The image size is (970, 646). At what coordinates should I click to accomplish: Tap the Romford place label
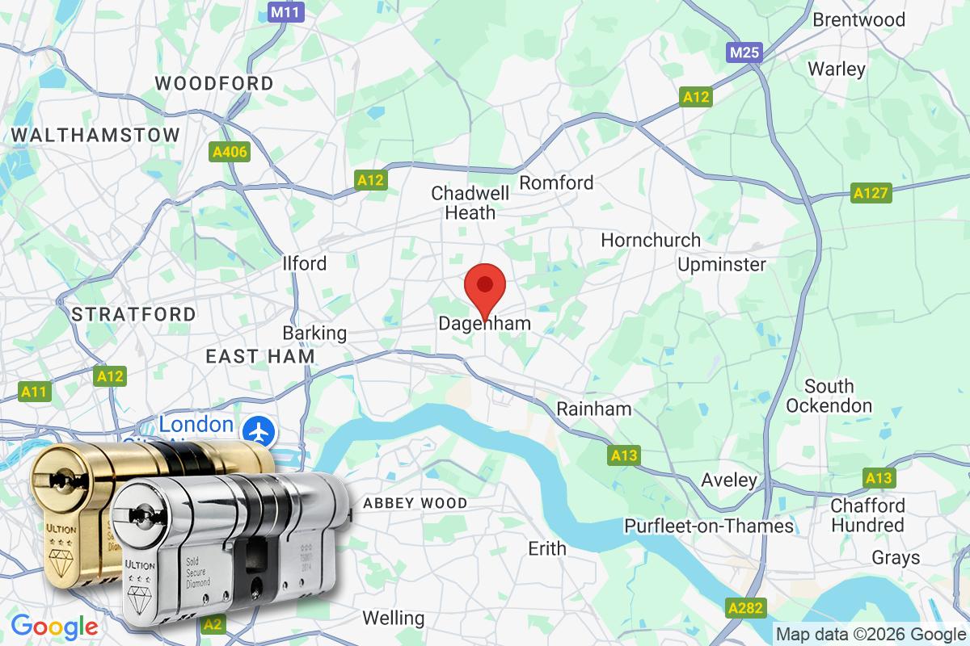coord(556,183)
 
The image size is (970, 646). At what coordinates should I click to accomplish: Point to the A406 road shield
coord(229,151)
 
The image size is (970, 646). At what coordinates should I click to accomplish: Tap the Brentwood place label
coord(858,19)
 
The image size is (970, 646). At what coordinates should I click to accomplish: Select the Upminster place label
coord(722,265)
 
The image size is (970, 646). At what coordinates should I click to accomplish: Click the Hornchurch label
coord(651,241)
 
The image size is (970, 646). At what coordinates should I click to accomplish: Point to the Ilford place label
coord(305,263)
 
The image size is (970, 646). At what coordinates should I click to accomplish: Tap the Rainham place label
coord(594,409)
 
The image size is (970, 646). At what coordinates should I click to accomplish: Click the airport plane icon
coord(260,430)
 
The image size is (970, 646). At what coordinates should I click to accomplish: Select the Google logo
coord(54,626)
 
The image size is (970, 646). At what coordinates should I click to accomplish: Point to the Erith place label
coord(546,549)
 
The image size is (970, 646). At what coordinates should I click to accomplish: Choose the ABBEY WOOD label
coord(415,503)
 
